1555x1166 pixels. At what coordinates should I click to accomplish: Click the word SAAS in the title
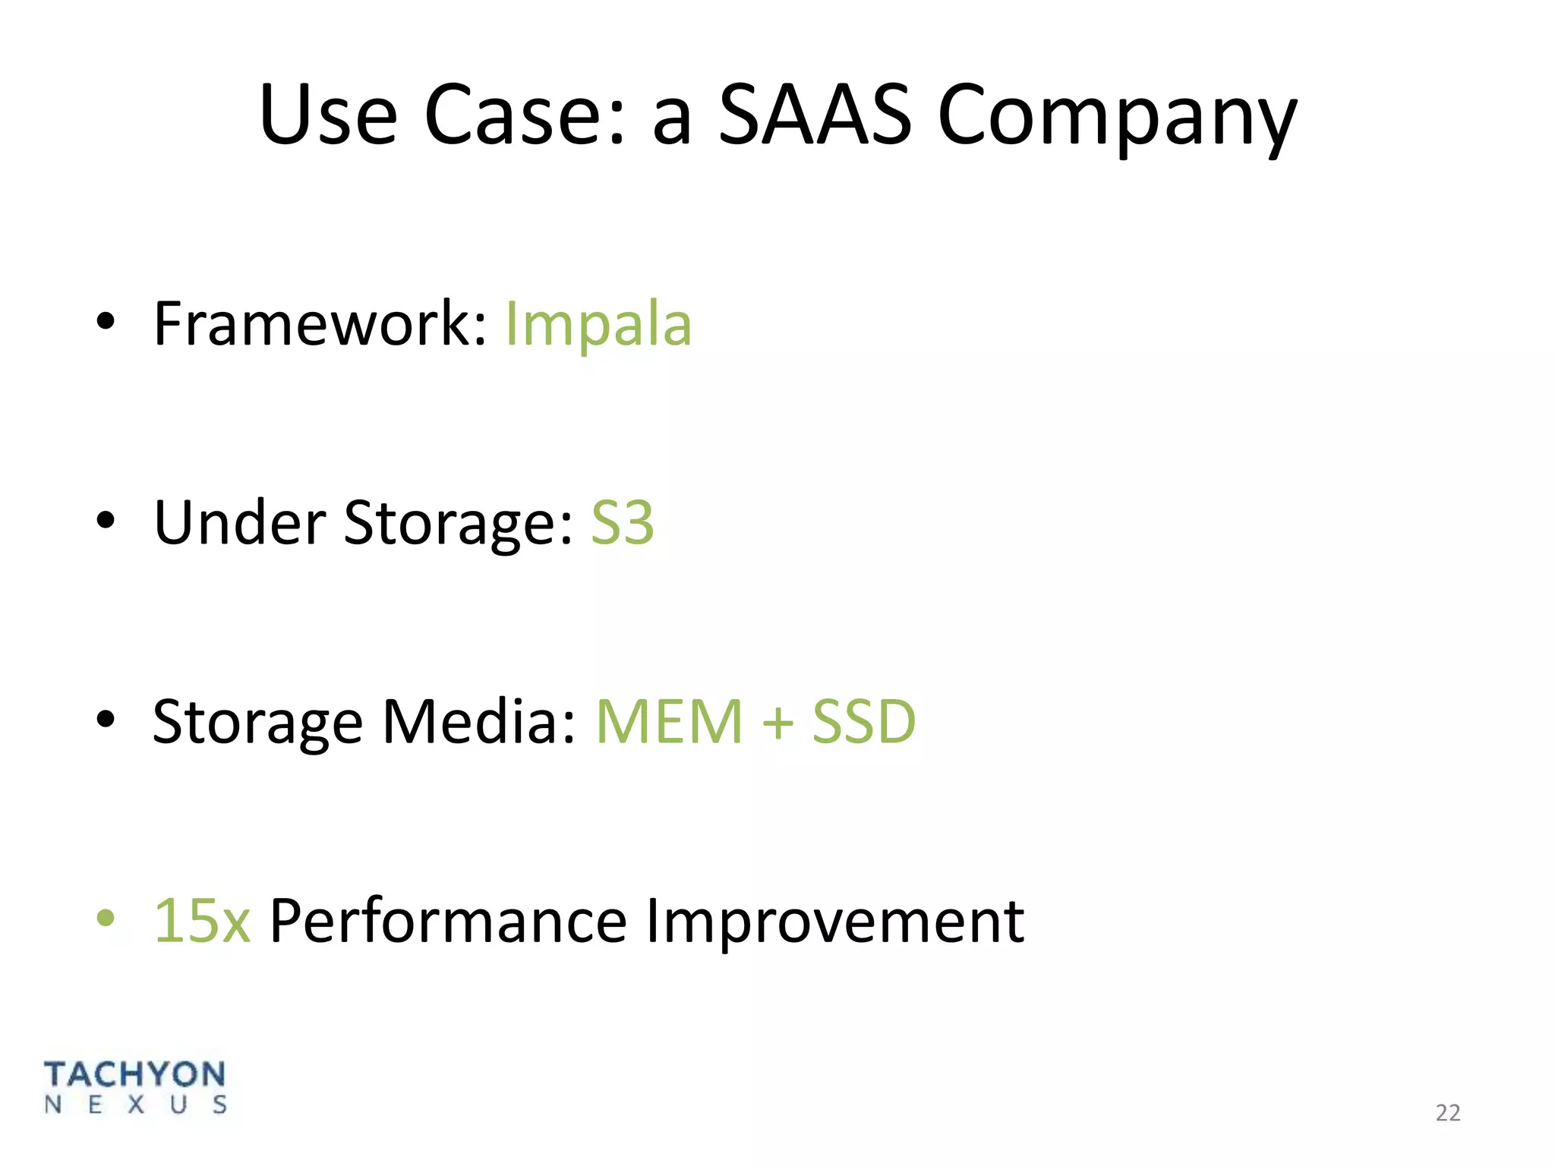(x=814, y=115)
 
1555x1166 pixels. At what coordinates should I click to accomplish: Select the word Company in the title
(x=1117, y=118)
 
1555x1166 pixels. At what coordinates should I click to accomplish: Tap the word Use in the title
(x=327, y=115)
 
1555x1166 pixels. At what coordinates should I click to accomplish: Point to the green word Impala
(x=598, y=325)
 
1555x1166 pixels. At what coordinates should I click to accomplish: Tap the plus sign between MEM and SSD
(x=777, y=723)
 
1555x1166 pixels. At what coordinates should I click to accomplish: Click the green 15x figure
(x=202, y=920)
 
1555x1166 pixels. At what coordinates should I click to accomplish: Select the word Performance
(x=448, y=922)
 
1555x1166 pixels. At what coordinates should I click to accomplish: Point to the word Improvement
(x=834, y=922)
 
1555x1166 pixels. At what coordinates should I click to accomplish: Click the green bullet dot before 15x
(x=106, y=918)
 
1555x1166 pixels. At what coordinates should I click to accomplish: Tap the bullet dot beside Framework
(x=106, y=322)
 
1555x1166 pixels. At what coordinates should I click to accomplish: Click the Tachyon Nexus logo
(x=135, y=1087)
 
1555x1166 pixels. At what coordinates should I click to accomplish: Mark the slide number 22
(x=1448, y=1113)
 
